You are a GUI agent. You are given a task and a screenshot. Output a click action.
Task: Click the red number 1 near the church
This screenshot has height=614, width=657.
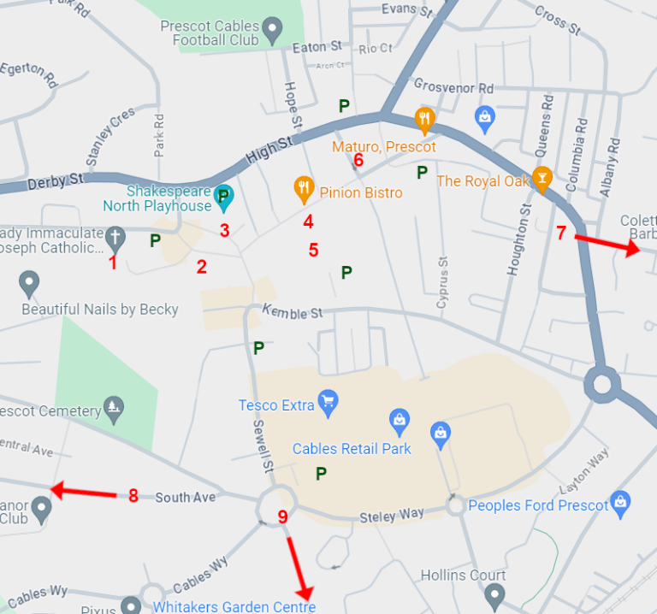coord(113,263)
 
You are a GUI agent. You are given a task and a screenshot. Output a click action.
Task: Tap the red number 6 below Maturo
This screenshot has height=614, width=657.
coord(358,160)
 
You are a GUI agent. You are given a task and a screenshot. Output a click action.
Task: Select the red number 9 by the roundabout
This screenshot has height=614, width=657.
coord(283,517)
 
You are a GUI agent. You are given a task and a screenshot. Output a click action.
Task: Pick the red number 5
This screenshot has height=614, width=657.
coord(313,251)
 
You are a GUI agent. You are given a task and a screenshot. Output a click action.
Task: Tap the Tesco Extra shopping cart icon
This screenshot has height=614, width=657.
coord(327,402)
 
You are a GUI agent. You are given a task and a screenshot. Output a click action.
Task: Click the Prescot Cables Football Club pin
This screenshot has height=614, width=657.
coord(273,32)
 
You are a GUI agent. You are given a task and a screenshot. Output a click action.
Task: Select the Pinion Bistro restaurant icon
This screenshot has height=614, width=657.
coord(303,187)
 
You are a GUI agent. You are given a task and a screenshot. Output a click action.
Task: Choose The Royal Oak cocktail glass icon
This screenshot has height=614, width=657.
coord(541,177)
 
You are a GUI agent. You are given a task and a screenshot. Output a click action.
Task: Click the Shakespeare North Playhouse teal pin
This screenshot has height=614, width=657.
coord(223,194)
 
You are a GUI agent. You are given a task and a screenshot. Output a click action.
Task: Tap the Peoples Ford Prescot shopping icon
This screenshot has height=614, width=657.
coord(620,502)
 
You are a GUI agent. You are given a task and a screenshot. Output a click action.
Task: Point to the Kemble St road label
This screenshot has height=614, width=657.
coord(292,312)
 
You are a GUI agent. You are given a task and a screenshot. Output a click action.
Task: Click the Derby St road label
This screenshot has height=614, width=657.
coord(55,182)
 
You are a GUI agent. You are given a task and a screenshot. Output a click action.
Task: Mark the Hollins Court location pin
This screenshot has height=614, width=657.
coord(494,593)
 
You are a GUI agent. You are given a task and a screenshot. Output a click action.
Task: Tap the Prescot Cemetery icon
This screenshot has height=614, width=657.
coord(113,407)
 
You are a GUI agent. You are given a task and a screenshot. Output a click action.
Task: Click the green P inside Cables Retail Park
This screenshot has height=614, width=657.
coord(321,473)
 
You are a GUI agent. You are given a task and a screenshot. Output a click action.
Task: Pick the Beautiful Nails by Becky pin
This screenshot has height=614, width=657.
coord(30,282)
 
